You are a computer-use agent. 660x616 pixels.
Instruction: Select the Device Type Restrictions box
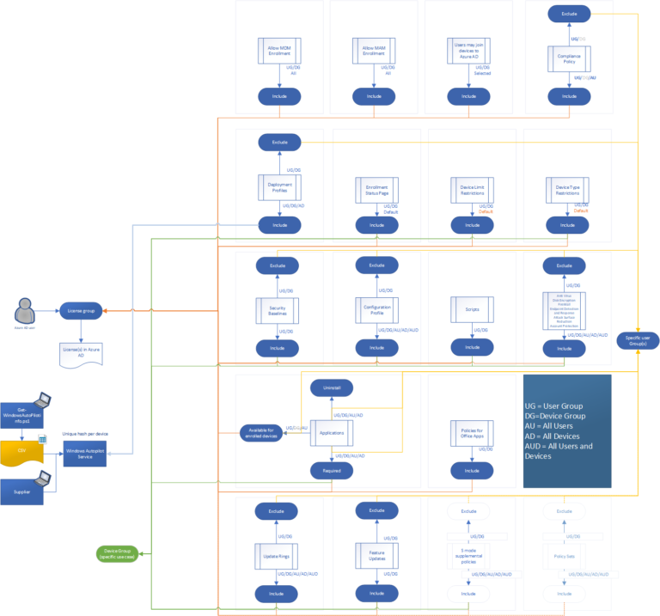pos(566,189)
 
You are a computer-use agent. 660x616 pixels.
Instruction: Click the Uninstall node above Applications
pos(332,388)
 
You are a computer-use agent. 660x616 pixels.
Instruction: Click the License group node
pos(82,310)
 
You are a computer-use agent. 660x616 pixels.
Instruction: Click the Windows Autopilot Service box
pos(85,455)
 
